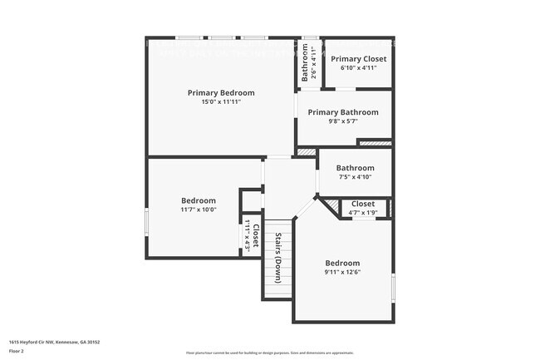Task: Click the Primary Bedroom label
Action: (x=221, y=92)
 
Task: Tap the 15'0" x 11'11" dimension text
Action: (x=221, y=102)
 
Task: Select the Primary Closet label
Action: (x=358, y=59)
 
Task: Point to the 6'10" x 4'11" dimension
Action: (x=358, y=68)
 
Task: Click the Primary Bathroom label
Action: (x=343, y=112)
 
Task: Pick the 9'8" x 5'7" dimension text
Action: (x=343, y=121)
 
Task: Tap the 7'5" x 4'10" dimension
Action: (x=355, y=176)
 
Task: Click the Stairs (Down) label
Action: (x=278, y=259)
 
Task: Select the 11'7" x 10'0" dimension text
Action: (x=199, y=210)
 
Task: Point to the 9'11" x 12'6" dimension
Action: (x=342, y=272)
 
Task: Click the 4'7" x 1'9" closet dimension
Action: (x=363, y=213)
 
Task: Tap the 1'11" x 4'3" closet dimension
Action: (x=247, y=234)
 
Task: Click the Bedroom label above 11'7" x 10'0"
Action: (x=199, y=200)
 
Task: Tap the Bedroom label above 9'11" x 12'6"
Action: (x=341, y=263)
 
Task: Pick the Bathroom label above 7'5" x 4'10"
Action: (x=355, y=167)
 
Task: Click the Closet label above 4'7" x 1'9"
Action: (x=363, y=204)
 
